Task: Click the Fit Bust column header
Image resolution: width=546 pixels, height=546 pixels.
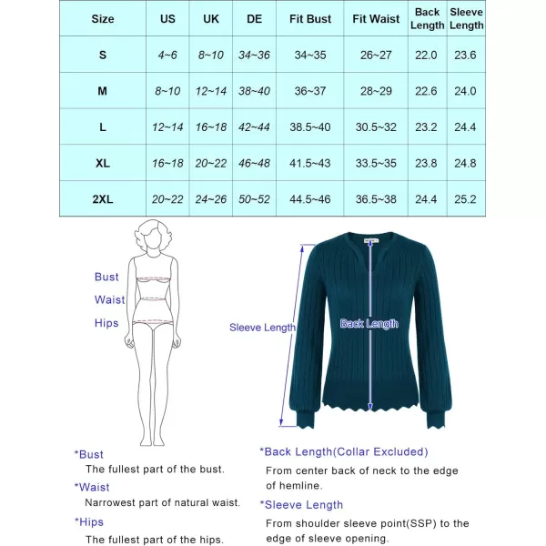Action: pos(309,18)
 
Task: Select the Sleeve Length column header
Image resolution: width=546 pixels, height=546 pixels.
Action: pos(467,18)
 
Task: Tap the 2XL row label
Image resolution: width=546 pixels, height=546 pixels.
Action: pos(103,199)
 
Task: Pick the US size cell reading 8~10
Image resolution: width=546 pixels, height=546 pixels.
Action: pos(167,91)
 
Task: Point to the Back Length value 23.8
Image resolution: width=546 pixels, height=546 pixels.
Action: pos(426,164)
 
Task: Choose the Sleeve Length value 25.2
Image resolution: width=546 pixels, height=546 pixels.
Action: pos(467,199)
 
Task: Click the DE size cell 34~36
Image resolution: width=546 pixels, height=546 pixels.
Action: pos(254,55)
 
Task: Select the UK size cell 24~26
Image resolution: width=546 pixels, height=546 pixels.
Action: pos(211,199)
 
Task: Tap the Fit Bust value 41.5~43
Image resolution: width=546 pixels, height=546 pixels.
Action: pos(309,164)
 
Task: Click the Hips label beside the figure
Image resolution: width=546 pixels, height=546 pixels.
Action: pos(106,323)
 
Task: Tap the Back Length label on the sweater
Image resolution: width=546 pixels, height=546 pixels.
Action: pos(369,324)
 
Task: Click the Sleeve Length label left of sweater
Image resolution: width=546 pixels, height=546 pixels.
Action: pos(262,328)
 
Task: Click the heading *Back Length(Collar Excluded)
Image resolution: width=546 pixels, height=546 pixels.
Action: pos(343,451)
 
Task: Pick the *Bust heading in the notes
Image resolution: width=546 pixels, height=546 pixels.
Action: pos(89,454)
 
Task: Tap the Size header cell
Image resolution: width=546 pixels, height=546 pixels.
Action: pos(103,18)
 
